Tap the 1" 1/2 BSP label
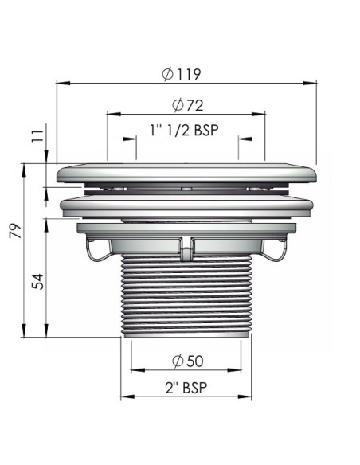pyautogui.click(x=184, y=130)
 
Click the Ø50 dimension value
pyautogui.click(x=186, y=361)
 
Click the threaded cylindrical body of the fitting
pyautogui.click(x=186, y=295)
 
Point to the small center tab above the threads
pyautogui.click(x=186, y=252)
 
